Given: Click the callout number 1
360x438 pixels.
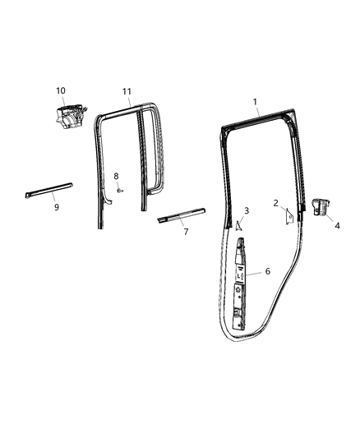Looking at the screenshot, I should [255, 102].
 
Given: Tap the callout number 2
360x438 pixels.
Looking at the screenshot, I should [276, 203].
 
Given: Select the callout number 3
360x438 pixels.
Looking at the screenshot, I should [247, 211].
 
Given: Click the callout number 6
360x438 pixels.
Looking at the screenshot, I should [266, 270].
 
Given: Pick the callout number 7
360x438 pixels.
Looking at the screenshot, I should [186, 232].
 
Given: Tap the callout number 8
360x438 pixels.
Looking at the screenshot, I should [116, 176].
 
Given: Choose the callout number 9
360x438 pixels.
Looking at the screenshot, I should [56, 208].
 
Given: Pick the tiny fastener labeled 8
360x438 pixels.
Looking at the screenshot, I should [119, 190].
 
